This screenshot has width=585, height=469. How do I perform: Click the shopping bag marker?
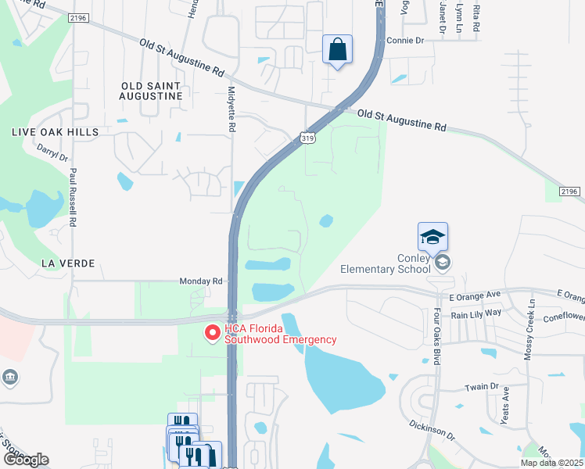pyautogui.click(x=337, y=50)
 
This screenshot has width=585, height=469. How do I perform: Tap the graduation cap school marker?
pyautogui.click(x=433, y=235)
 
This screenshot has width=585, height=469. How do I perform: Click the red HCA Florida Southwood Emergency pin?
pyautogui.click(x=212, y=334)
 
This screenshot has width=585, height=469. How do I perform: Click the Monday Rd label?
pyautogui.click(x=201, y=281)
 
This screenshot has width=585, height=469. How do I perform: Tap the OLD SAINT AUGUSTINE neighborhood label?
pyautogui.click(x=152, y=91)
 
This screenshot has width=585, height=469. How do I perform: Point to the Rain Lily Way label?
pyautogui.click(x=476, y=313)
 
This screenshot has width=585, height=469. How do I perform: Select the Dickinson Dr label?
pyautogui.click(x=431, y=428)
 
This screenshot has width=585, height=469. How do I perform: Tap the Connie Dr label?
pyautogui.click(x=405, y=40)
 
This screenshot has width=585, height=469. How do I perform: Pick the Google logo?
pyautogui.click(x=25, y=460)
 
